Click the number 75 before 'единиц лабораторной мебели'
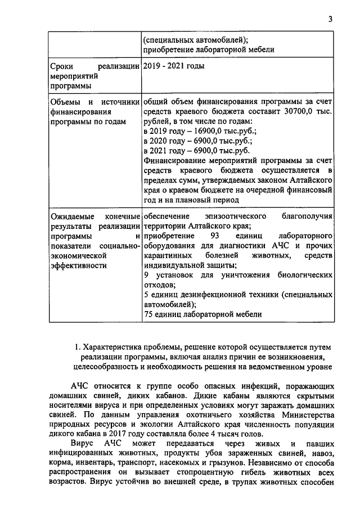pos(149,315)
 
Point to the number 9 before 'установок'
pos(146,276)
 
